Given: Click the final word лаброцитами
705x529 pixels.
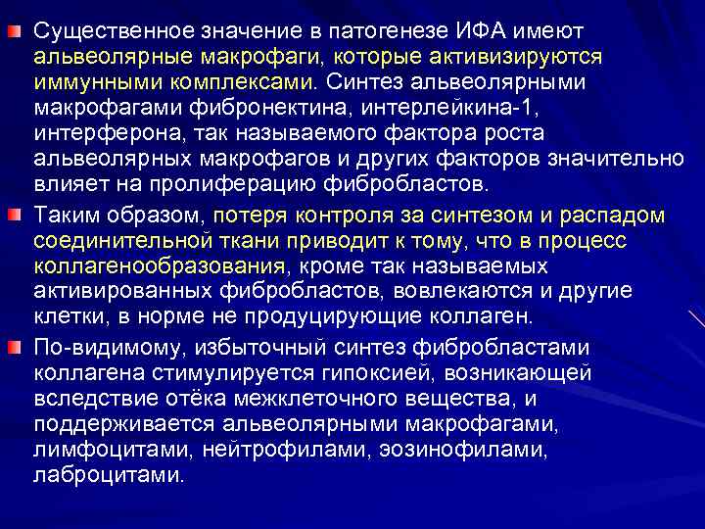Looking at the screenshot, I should tap(108, 475).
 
